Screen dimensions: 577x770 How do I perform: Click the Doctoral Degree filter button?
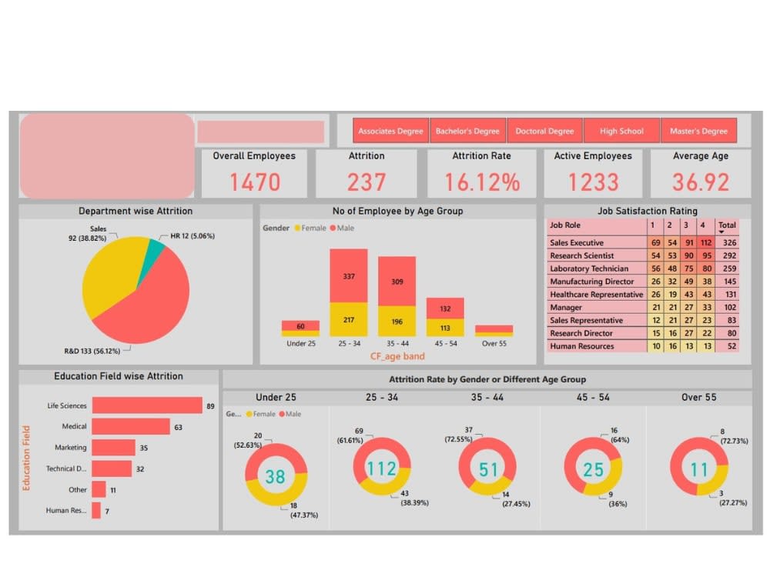tap(544, 131)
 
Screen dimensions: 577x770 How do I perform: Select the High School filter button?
tap(621, 131)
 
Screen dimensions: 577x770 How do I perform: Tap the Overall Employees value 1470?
tap(254, 182)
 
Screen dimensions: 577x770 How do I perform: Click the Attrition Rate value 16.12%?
tap(481, 182)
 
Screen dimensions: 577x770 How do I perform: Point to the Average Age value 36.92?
tap(701, 182)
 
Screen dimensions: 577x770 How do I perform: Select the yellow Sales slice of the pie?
tap(112, 269)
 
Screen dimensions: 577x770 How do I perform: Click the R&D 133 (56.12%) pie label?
tap(97, 351)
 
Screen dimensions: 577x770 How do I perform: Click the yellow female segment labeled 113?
tap(445, 327)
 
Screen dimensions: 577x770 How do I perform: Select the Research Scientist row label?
tap(582, 255)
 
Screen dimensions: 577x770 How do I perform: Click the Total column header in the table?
tap(727, 225)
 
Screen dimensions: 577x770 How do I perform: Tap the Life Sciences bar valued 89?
tap(146, 405)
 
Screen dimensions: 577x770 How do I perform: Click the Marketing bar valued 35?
tap(113, 447)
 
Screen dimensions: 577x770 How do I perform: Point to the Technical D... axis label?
tap(66, 469)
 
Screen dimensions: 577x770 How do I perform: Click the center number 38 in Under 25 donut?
tap(275, 476)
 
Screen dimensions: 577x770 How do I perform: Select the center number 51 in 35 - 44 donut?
tap(488, 469)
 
